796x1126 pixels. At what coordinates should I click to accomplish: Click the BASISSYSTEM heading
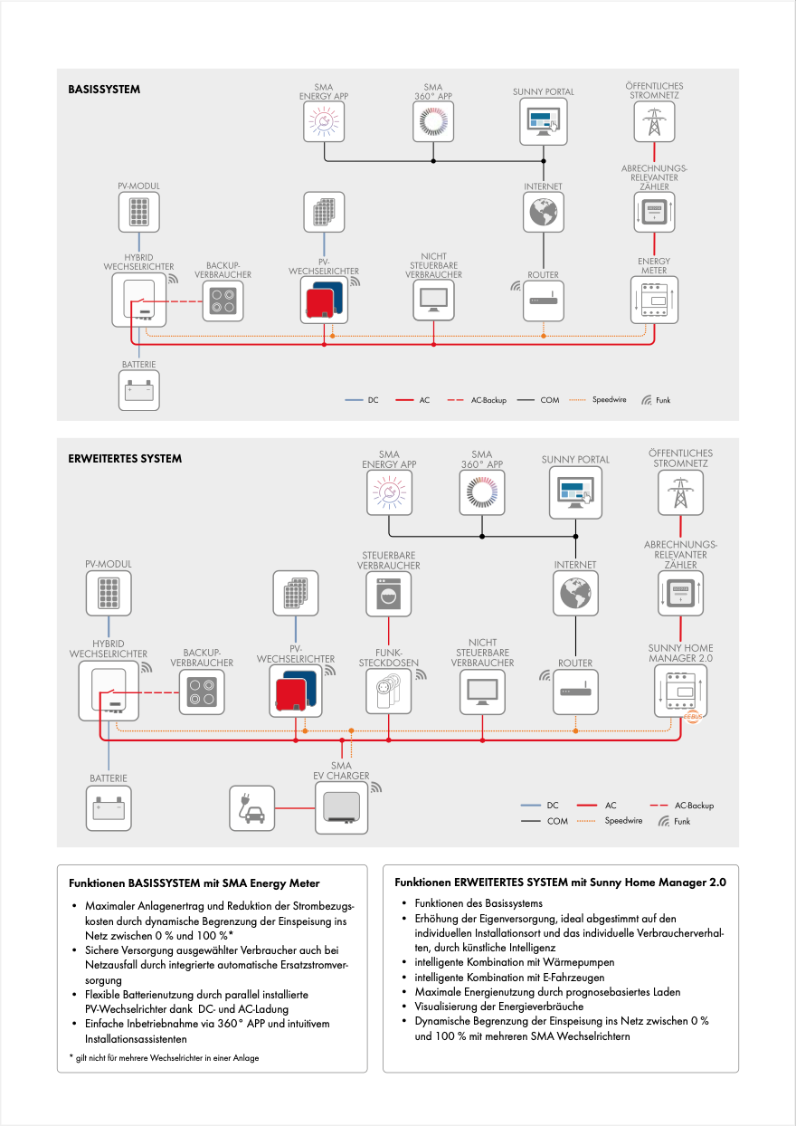pos(104,90)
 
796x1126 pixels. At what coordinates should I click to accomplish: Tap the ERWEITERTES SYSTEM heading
pos(125,458)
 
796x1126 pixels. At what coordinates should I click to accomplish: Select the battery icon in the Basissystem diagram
pos(140,390)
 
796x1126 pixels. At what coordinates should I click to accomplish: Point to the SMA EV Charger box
pos(341,806)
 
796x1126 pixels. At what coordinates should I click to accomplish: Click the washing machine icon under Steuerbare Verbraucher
pos(388,594)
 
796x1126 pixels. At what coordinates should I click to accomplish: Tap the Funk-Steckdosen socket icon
pos(388,692)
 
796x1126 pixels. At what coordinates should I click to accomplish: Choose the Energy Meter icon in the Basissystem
pos(653,299)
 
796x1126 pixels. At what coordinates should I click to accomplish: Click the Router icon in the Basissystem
pos(544,299)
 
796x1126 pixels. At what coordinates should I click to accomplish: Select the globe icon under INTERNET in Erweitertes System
pos(575,594)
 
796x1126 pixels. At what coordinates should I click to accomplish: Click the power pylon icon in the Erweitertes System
pos(678,493)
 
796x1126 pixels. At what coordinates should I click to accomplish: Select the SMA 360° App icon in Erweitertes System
pos(481,492)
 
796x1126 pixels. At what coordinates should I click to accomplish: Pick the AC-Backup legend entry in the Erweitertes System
pos(694,805)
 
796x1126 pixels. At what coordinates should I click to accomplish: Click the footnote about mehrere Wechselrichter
pos(164,1057)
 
